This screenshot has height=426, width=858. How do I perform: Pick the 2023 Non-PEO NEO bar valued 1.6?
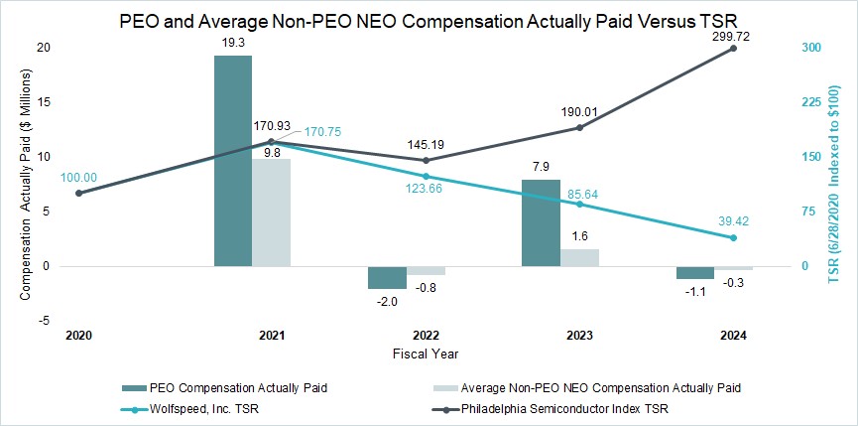tap(579, 257)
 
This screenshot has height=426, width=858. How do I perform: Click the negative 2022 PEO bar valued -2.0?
tap(387, 277)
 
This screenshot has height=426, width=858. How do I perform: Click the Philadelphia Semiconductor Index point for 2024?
tap(734, 48)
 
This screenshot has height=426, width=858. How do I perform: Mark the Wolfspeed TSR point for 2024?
tap(734, 237)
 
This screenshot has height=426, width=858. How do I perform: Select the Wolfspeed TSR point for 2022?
tap(426, 177)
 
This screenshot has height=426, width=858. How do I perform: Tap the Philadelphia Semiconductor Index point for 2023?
tap(579, 127)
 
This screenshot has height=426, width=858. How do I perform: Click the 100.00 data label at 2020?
tap(78, 178)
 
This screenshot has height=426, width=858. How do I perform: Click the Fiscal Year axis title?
tap(425, 354)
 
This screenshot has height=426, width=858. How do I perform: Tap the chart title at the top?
tap(429, 19)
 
